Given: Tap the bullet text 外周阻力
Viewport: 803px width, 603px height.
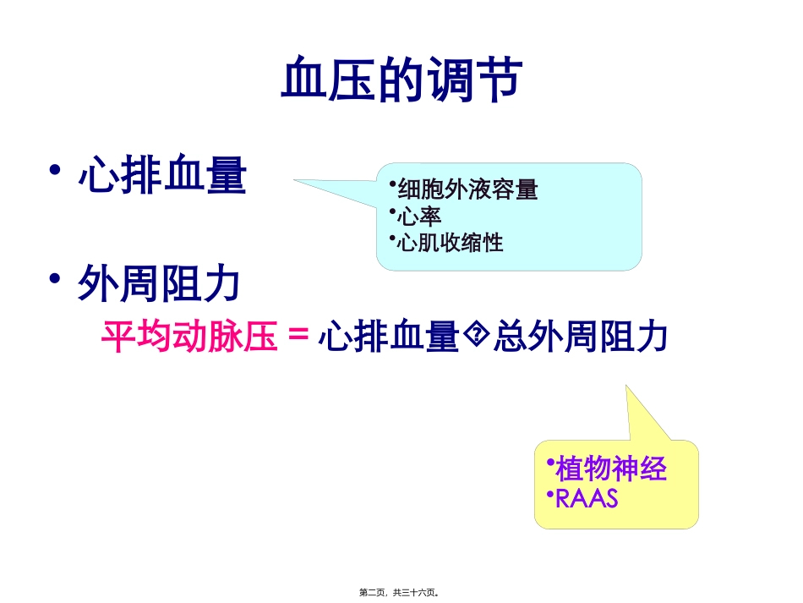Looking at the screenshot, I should pyautogui.click(x=160, y=285).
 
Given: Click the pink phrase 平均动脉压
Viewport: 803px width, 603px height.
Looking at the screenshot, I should pyautogui.click(x=189, y=337).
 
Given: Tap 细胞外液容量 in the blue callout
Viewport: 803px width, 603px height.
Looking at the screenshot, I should pyautogui.click(x=467, y=189).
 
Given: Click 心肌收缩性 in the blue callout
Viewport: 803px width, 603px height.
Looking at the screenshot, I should pyautogui.click(x=450, y=244).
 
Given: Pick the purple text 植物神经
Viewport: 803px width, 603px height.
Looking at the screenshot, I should pyautogui.click(x=611, y=469).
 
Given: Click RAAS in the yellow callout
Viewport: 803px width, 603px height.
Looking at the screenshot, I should pyautogui.click(x=587, y=499).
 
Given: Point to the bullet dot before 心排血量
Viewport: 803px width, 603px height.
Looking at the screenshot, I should pyautogui.click(x=56, y=172).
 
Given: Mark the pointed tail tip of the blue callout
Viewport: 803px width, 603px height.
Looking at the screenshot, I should pyautogui.click(x=295, y=179).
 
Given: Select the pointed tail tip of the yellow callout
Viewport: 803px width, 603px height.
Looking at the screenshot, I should pyautogui.click(x=626, y=385).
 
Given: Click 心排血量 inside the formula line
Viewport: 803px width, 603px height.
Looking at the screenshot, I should pyautogui.click(x=388, y=337).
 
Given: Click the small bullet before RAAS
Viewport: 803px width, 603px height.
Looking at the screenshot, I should pyautogui.click(x=549, y=493).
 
